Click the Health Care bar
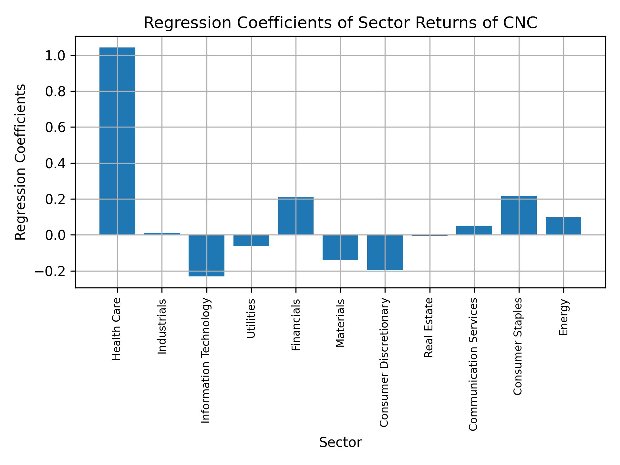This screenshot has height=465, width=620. (117, 141)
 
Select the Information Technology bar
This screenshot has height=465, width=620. (206, 255)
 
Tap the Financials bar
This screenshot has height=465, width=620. (295, 216)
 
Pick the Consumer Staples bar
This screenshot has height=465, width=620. (519, 215)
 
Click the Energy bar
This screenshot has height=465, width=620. (563, 226)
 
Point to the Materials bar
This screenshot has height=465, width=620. (340, 247)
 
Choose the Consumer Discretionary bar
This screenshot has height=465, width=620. (385, 253)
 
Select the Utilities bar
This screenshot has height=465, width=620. (251, 241)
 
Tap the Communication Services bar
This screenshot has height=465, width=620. (474, 230)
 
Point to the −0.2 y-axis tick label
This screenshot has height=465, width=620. (50, 271)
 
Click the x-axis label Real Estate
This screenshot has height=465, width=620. (429, 328)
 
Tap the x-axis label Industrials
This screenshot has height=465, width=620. (162, 326)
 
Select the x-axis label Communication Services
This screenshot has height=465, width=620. (473, 364)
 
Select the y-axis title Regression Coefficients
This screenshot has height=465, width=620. (21, 162)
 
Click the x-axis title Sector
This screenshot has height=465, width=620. (340, 442)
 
